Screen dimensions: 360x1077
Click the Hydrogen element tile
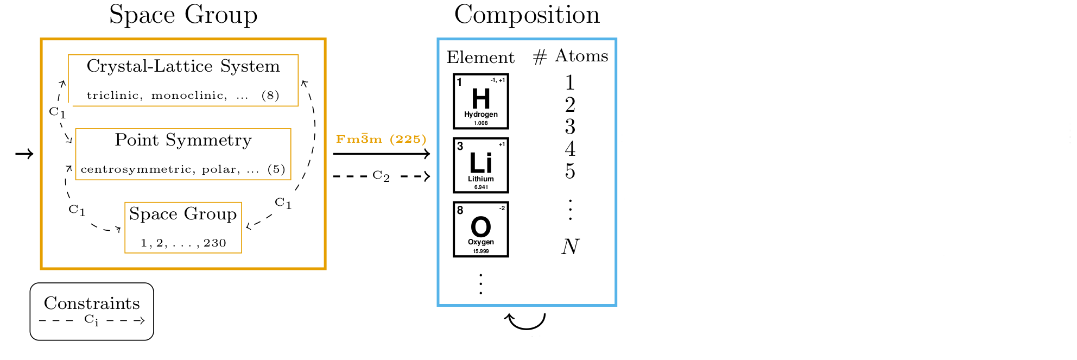point(480,102)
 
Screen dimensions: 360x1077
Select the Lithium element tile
point(480,165)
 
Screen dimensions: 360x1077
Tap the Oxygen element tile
point(480,229)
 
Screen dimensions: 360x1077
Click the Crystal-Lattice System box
point(183,80)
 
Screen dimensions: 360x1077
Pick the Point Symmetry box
point(183,154)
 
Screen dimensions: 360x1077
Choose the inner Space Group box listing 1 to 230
point(183,228)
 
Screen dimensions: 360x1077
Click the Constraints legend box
point(92,311)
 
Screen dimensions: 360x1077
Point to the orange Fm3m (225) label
point(381,139)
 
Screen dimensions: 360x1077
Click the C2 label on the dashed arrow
point(381,176)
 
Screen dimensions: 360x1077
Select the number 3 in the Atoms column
point(570,127)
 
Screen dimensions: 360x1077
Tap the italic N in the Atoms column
point(570,247)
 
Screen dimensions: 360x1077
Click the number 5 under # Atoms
point(570,171)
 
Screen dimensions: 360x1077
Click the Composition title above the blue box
point(527,15)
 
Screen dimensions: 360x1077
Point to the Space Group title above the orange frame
point(183,15)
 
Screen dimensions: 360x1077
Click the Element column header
point(480,57)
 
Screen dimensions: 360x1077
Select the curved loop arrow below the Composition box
point(525,321)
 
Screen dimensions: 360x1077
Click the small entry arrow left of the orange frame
point(24,154)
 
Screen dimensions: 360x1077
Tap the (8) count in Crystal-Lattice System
point(270,96)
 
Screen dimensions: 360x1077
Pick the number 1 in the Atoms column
point(570,83)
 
